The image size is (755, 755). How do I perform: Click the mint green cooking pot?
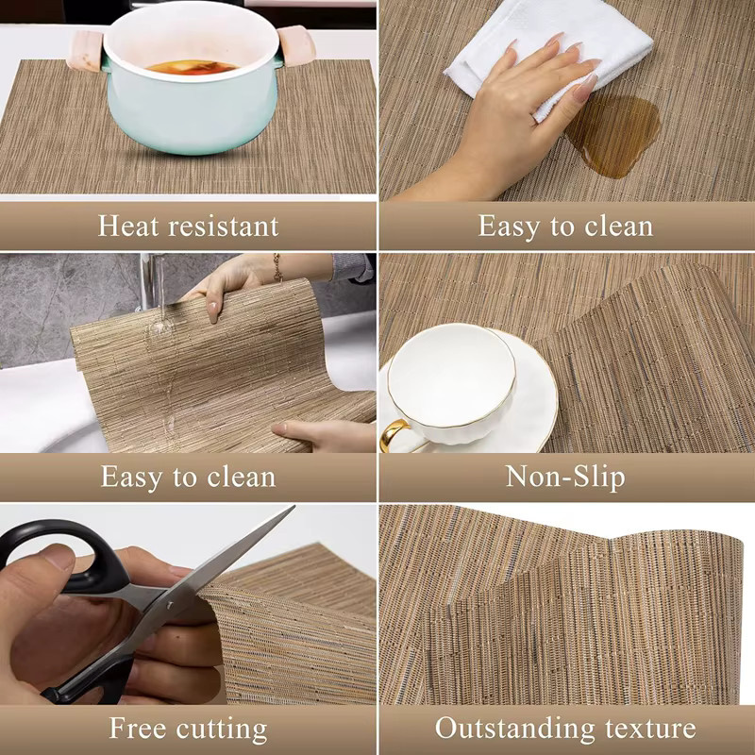coord(192,82)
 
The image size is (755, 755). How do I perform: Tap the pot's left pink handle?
coord(86,51)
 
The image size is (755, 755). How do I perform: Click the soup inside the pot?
coord(192,67)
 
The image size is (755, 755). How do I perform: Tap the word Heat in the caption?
coord(127,226)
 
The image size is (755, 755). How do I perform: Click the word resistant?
coord(223,226)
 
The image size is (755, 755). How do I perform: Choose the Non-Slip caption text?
coord(565,478)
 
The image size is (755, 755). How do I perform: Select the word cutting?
coord(222,730)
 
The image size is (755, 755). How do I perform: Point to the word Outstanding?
coord(514,729)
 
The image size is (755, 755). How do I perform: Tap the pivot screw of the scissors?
coord(170,605)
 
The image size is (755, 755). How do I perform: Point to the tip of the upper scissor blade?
coord(294,506)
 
